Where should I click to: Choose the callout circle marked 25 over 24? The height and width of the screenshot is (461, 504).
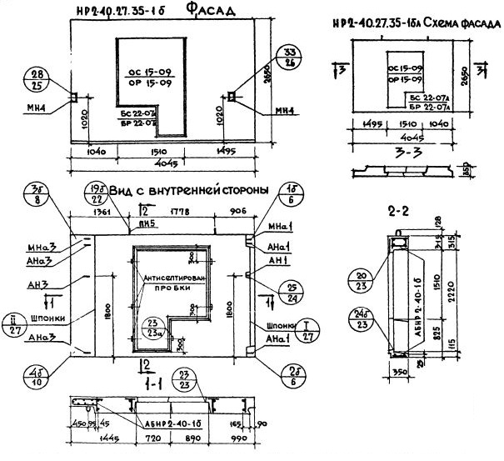click(x=268, y=291)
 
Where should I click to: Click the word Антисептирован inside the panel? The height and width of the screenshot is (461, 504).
click(x=174, y=277)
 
